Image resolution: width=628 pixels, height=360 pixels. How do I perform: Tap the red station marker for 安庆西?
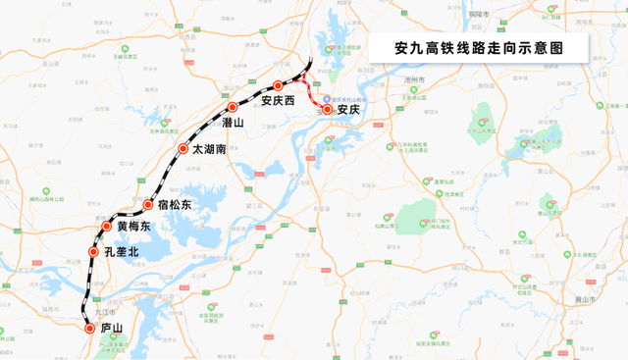click(279, 85)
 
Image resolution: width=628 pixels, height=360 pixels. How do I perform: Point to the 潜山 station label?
click(233, 123)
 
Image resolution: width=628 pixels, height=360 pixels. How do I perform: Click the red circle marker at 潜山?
click(233, 107)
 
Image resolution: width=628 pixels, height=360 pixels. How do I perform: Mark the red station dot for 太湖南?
click(183, 149)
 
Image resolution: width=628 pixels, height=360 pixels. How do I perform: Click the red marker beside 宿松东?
click(149, 205)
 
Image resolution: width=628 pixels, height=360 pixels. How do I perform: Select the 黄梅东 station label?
click(133, 227)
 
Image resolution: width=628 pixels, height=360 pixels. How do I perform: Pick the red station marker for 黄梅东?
click(108, 227)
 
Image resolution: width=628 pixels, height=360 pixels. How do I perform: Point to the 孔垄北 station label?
click(121, 252)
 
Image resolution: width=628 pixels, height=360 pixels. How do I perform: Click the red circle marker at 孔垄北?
click(94, 252)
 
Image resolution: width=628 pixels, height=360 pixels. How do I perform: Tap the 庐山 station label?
click(112, 329)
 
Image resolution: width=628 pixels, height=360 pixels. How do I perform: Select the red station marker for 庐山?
click(90, 329)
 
